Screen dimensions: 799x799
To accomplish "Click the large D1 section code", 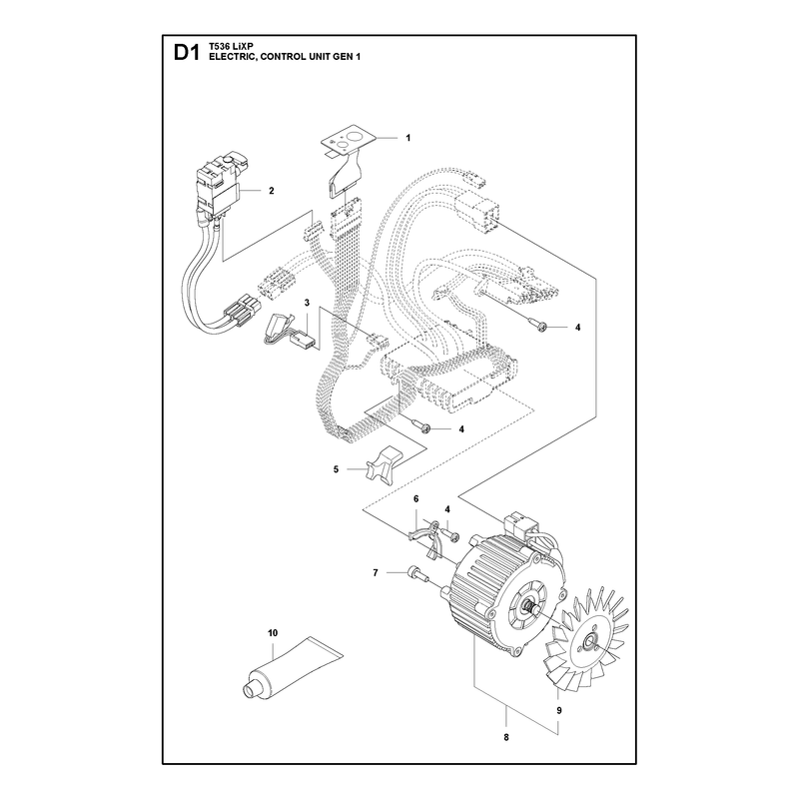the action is [186, 53].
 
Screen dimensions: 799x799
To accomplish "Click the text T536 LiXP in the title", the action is [225, 46].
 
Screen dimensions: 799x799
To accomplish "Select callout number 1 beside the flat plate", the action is [407, 138].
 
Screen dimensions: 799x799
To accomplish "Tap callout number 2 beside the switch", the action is [271, 191].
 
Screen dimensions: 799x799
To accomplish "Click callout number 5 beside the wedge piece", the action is [336, 469].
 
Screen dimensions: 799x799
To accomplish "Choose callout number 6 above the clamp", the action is [415, 498].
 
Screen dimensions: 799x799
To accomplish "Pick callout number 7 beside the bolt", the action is [376, 573].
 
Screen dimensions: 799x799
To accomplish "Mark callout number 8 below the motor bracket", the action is [506, 737].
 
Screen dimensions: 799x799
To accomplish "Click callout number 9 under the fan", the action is [559, 710].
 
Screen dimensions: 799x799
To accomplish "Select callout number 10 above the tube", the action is [273, 633].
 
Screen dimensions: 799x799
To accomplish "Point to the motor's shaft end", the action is [528, 606].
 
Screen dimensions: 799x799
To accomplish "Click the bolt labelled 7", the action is [417, 573].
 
